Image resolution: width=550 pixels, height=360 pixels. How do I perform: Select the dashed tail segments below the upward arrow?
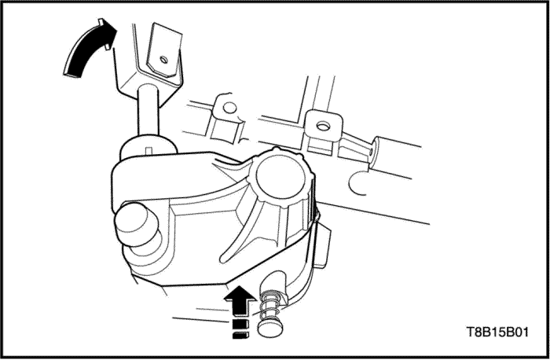click(240, 329)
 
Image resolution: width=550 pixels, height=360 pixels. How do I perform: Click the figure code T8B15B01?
click(497, 332)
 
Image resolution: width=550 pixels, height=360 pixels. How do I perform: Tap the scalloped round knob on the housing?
click(280, 178)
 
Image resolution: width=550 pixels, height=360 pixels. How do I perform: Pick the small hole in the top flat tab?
click(163, 59)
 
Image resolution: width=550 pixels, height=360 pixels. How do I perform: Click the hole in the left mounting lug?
click(229, 108)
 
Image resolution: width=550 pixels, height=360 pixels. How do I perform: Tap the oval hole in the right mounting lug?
click(323, 126)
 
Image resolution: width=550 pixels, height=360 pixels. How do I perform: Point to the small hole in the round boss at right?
click(371, 152)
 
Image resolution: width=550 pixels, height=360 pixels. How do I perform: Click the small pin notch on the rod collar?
click(148, 151)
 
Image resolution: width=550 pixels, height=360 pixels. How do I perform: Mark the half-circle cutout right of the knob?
click(357, 183)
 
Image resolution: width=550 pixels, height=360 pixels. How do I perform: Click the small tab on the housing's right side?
click(322, 246)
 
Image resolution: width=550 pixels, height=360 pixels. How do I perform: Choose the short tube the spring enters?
click(275, 285)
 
